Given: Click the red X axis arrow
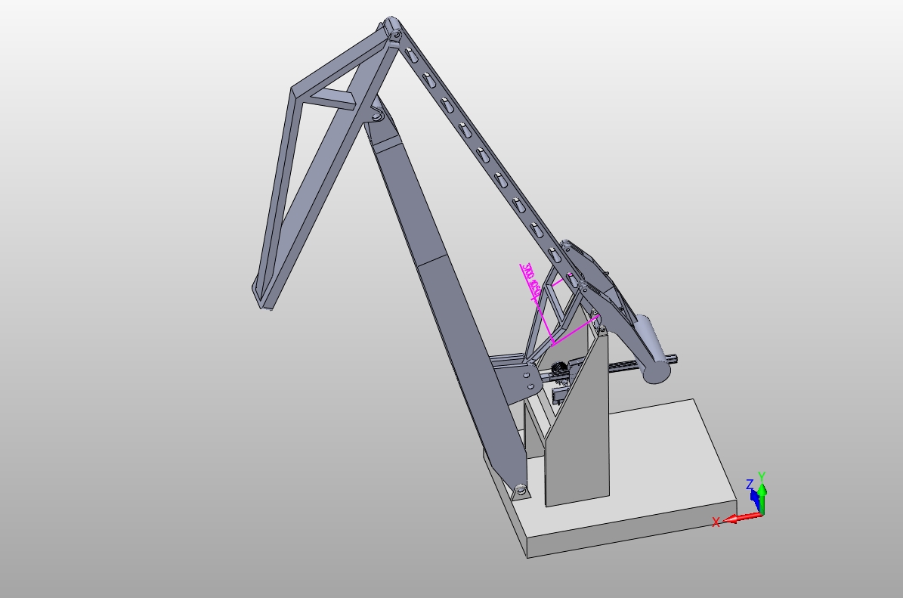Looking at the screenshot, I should click(742, 517).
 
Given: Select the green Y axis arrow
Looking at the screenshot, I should click(762, 498).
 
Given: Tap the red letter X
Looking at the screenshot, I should click(716, 522).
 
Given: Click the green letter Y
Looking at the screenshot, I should click(762, 477).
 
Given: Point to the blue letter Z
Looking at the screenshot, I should click(750, 485).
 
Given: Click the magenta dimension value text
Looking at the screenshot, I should click(530, 277).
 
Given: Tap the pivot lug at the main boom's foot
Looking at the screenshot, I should click(520, 491).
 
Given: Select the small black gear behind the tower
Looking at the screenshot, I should click(558, 369).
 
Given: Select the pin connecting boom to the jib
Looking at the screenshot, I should click(376, 116).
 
